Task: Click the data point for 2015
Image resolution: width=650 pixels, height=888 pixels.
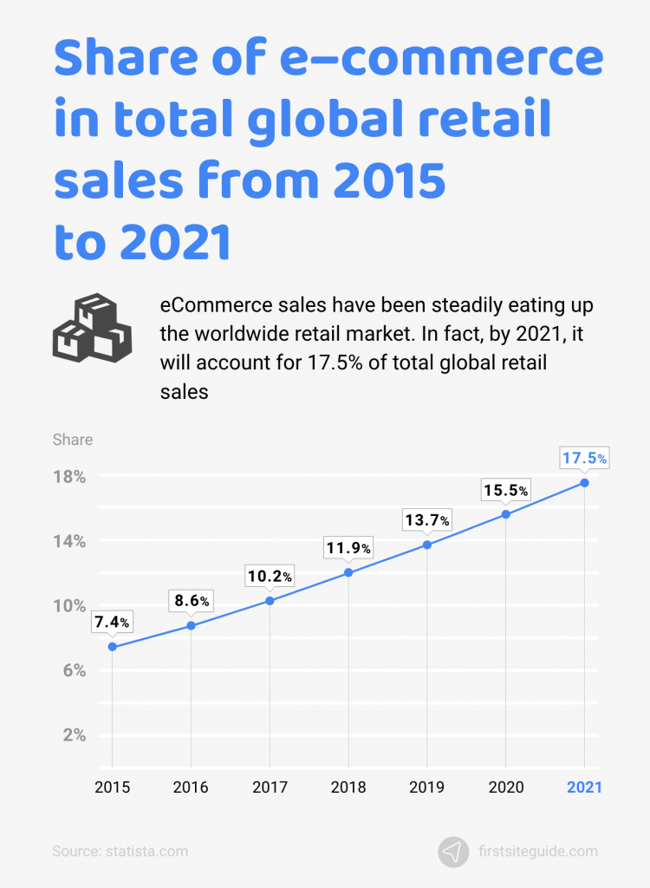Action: (112, 647)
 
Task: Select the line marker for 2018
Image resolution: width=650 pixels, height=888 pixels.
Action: (348, 572)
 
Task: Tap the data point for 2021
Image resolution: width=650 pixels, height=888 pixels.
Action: (584, 482)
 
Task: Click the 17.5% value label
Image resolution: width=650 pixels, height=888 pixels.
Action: (584, 457)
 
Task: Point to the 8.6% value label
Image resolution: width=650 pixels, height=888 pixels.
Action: (191, 600)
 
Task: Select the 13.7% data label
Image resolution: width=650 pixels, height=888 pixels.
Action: (426, 520)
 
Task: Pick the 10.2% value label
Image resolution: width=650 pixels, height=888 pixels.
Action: (270, 576)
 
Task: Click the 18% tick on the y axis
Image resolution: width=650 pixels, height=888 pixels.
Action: (69, 477)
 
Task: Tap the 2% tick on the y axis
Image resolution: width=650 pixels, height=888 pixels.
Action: (74, 735)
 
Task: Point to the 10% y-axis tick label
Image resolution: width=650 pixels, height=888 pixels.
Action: (69, 605)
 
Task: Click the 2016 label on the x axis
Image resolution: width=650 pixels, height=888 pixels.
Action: (191, 787)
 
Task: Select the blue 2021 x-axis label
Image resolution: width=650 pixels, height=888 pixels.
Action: (584, 787)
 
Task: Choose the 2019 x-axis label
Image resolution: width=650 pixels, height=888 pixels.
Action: (426, 787)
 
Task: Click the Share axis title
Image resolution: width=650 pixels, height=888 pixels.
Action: (72, 440)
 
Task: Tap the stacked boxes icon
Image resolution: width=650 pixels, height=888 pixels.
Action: (91, 328)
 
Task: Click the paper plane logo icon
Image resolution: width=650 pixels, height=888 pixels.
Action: (452, 852)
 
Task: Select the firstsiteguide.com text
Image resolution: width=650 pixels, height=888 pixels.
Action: (537, 852)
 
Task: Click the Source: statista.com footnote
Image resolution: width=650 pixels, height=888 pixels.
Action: (120, 852)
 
